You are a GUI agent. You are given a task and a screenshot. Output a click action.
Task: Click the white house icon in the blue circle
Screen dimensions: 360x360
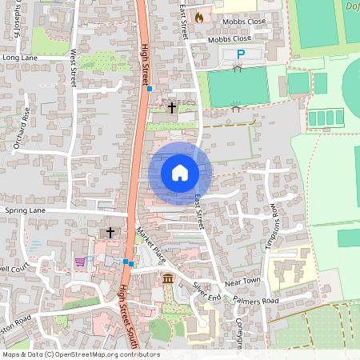[180, 172]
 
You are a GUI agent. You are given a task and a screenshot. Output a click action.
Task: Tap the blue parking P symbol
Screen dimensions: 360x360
[240, 54]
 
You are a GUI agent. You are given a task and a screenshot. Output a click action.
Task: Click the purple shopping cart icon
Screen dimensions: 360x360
[80, 261]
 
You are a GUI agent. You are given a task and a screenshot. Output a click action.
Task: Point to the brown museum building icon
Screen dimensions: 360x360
[168, 278]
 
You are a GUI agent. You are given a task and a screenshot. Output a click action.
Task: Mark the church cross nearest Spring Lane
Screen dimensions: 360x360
[110, 232]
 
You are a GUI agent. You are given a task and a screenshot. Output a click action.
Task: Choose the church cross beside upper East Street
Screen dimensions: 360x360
[171, 106]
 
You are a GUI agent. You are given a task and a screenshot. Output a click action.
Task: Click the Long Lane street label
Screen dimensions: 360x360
[21, 58]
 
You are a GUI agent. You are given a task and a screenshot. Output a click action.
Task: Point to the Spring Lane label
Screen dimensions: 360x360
[26, 210]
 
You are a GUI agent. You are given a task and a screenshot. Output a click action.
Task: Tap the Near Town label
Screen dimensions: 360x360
[244, 282]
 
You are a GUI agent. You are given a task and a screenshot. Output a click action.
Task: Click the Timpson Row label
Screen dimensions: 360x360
[272, 226]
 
